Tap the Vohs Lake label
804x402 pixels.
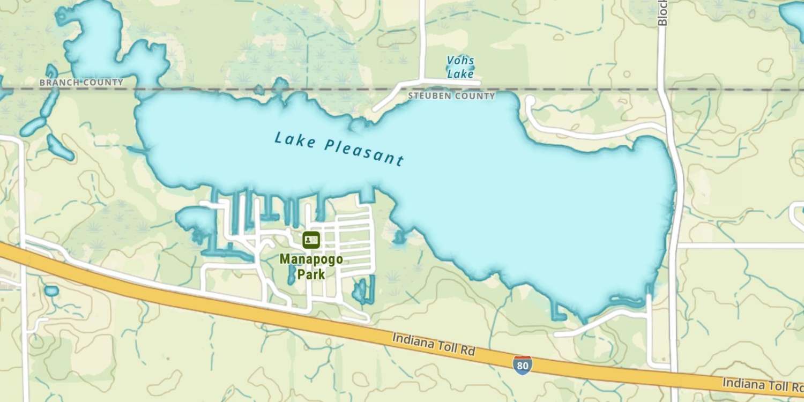coord(460,68)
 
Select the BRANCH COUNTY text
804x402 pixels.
coord(81,83)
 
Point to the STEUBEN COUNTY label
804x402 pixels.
coord(451,96)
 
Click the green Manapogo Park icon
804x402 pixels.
coord(311,240)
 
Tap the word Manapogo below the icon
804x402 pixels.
coord(311,259)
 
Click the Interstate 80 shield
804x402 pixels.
coord(522,364)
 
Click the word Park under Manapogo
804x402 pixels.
coord(311,274)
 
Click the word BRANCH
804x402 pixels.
coord(59,83)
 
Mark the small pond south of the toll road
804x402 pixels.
coord(51,291)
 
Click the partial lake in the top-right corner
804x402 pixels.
coord(794,16)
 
